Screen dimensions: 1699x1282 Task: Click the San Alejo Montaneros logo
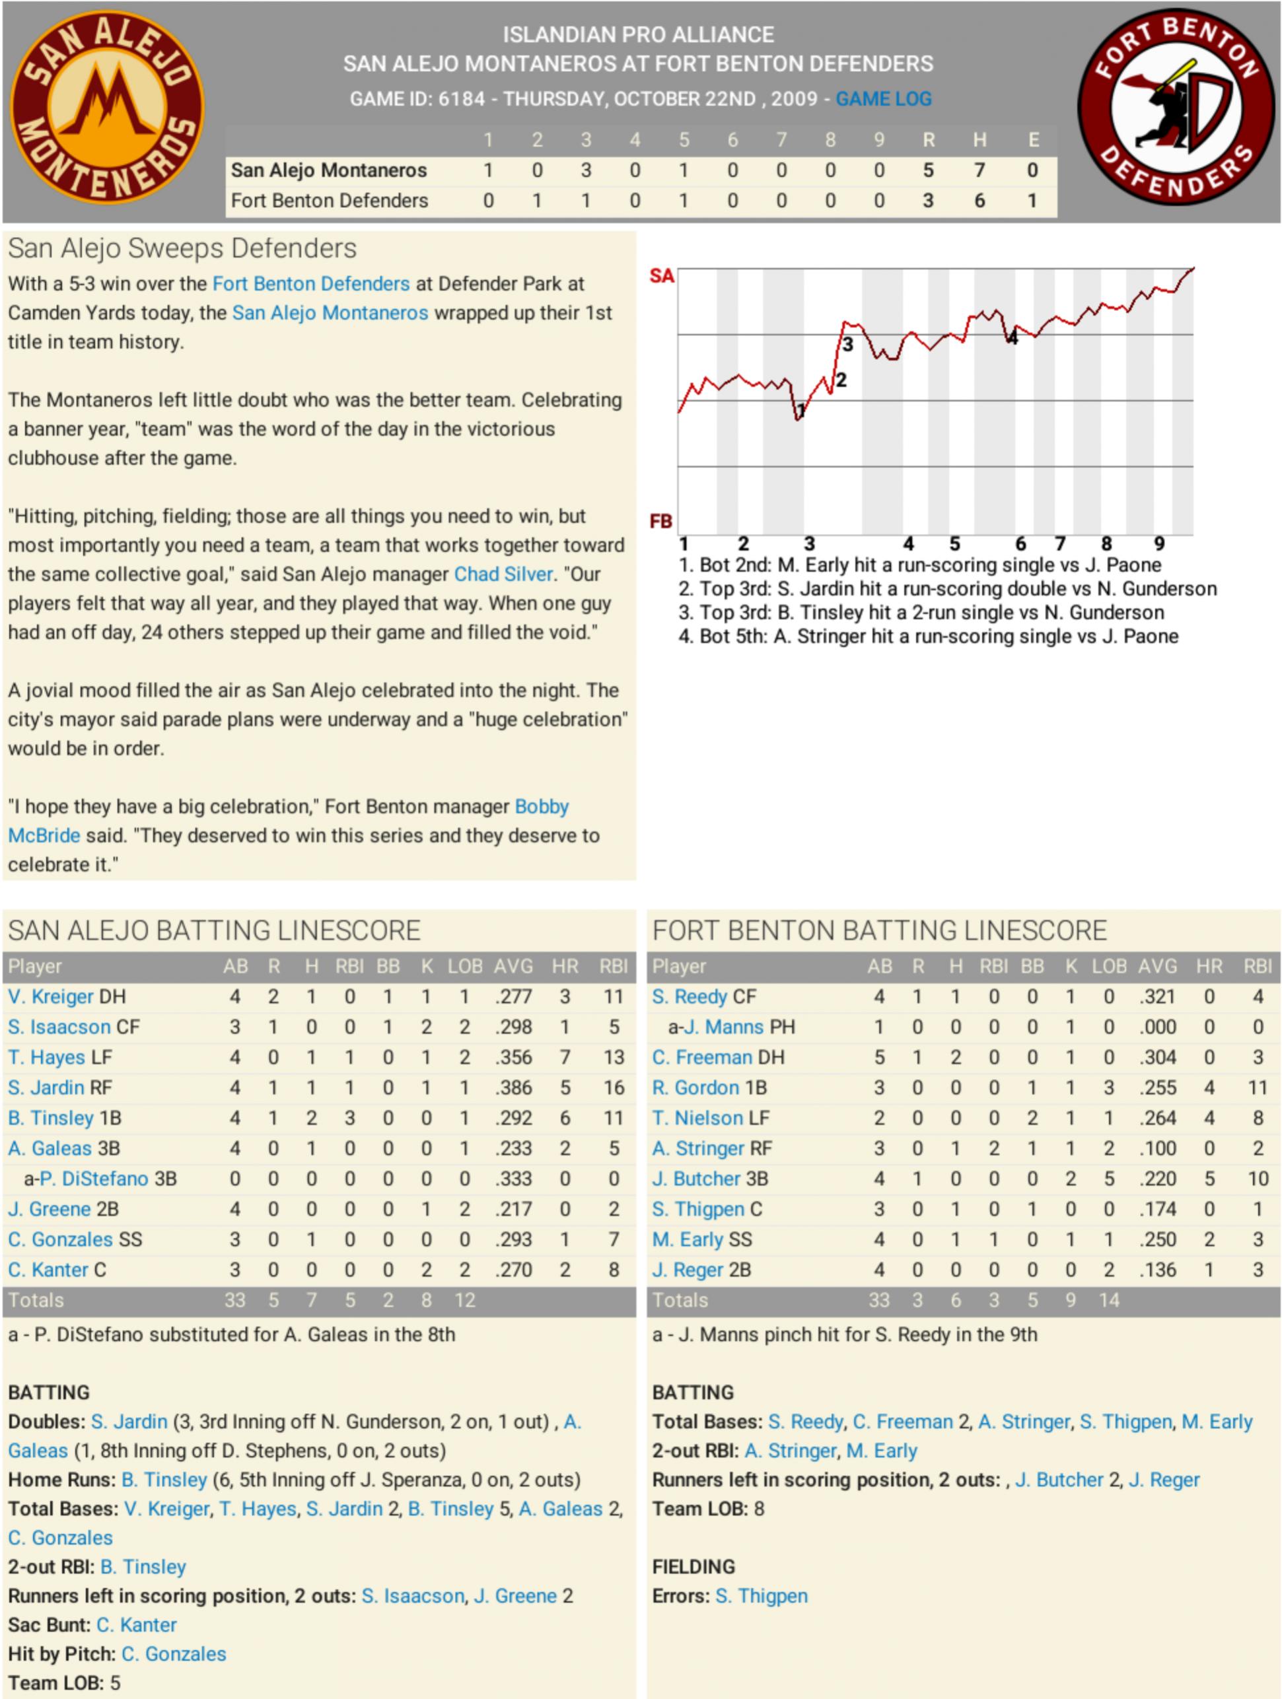107,108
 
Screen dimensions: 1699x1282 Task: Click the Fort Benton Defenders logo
1175,108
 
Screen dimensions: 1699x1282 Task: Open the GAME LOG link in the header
883,99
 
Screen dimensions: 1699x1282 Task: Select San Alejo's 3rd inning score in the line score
585,170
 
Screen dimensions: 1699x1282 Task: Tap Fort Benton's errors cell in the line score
1032,201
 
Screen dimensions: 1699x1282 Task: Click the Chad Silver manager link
503,574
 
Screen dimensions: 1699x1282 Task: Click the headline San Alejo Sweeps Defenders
183,249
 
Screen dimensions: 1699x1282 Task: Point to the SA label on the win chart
661,276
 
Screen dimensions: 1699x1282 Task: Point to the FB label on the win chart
661,522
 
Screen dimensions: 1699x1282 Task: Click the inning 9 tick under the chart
1159,545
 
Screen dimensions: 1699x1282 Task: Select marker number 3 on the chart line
848,345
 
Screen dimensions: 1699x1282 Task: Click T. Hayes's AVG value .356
513,1058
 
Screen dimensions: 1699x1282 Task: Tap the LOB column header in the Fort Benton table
1109,966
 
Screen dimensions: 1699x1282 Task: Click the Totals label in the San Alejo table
36,1300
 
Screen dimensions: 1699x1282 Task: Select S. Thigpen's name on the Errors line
762,1596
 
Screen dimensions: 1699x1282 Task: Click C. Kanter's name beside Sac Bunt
137,1625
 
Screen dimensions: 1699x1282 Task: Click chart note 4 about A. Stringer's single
928,637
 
